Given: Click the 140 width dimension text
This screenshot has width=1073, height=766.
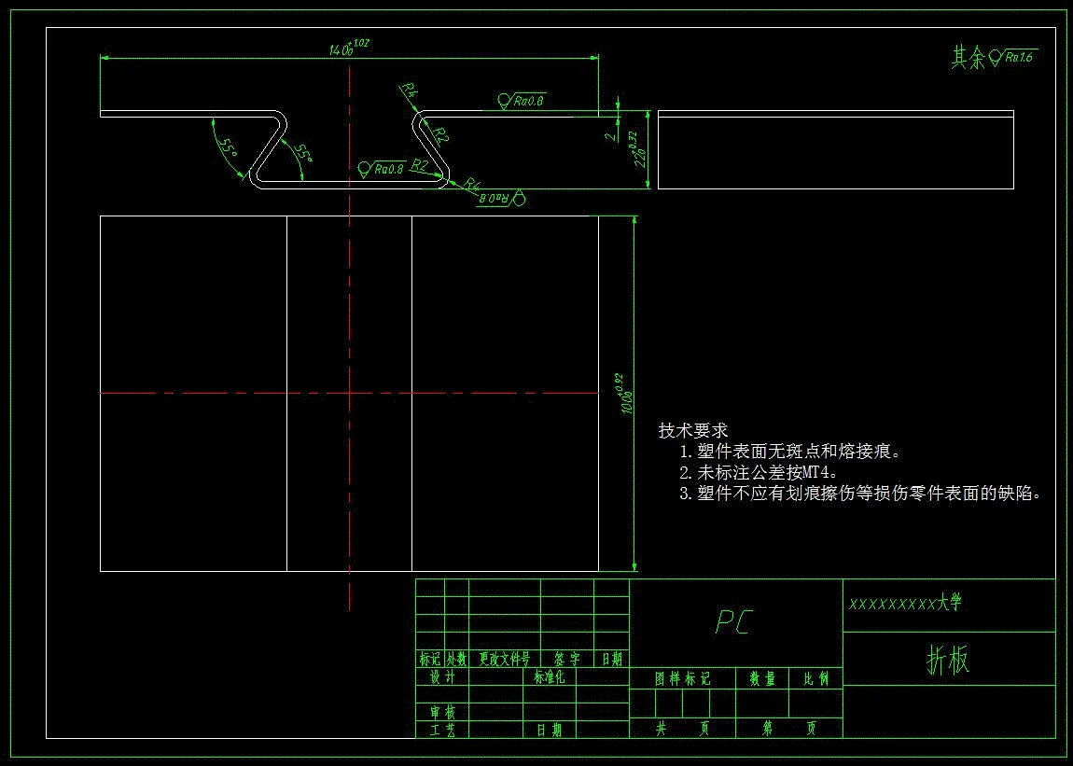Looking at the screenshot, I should [x=343, y=49].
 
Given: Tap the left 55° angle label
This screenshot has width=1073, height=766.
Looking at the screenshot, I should [x=227, y=148].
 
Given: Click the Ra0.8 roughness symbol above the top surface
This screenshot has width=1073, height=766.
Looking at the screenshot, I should [x=523, y=100].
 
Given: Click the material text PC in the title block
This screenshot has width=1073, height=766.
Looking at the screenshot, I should [x=733, y=622].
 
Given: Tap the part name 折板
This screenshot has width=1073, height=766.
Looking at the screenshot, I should [x=948, y=660].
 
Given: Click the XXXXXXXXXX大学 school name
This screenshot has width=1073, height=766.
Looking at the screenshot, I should [x=904, y=604].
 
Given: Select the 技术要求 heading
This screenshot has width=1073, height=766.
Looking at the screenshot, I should [x=692, y=431].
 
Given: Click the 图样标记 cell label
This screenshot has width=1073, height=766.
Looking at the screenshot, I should [x=682, y=679].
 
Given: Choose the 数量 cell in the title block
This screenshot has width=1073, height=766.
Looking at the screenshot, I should [x=762, y=679].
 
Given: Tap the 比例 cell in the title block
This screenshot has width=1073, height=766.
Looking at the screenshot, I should [x=815, y=679].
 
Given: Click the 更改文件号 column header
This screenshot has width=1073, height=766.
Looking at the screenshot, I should [x=504, y=660].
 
